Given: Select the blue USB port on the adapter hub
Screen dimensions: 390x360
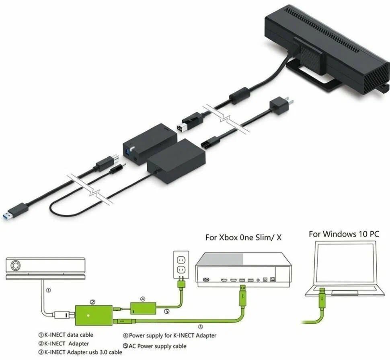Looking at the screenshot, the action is click(x=128, y=150).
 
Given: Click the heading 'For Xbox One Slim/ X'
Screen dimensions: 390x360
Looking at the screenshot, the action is click(x=243, y=238).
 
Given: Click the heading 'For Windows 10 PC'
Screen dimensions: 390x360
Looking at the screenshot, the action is click(x=344, y=234).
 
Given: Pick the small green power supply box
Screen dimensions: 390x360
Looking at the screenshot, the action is click(x=143, y=308).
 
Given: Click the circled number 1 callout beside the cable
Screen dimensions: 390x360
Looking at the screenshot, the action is click(x=49, y=290).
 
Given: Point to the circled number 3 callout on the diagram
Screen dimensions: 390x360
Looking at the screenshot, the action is click(x=200, y=327).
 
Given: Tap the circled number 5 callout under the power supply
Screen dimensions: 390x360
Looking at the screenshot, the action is click(x=166, y=311).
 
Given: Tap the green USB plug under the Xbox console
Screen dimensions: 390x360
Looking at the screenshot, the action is click(x=242, y=296).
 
